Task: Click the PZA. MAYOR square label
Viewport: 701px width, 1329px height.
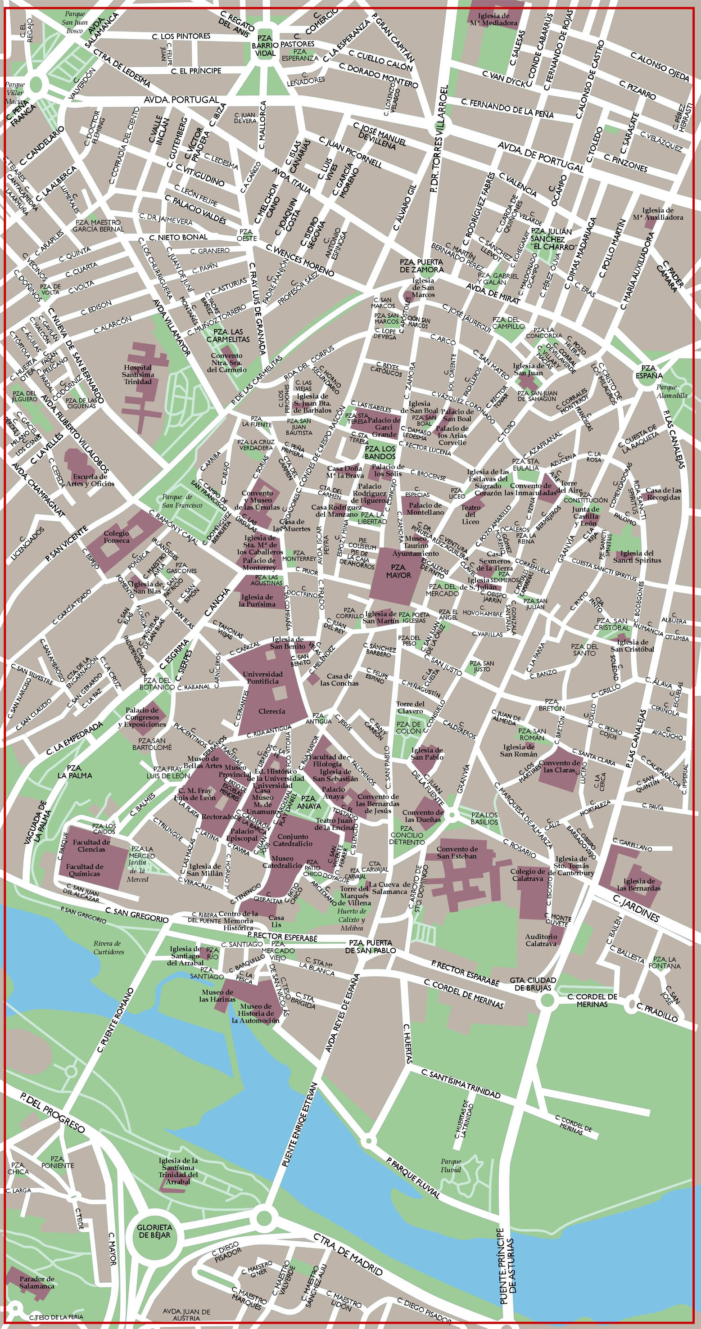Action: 398,571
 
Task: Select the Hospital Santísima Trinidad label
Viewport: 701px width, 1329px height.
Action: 138,374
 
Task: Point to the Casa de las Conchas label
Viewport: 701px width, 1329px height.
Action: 339,680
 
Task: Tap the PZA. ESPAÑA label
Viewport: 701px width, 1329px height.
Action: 648,371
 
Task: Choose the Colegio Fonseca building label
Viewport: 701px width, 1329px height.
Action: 117,536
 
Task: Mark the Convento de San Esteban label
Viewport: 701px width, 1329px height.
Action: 457,852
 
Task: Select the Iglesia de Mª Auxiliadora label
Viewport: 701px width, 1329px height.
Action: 657,214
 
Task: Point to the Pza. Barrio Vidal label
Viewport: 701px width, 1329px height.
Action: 264,45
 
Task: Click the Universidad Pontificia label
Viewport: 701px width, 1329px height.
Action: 263,677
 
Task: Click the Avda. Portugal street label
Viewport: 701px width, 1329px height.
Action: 182,99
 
